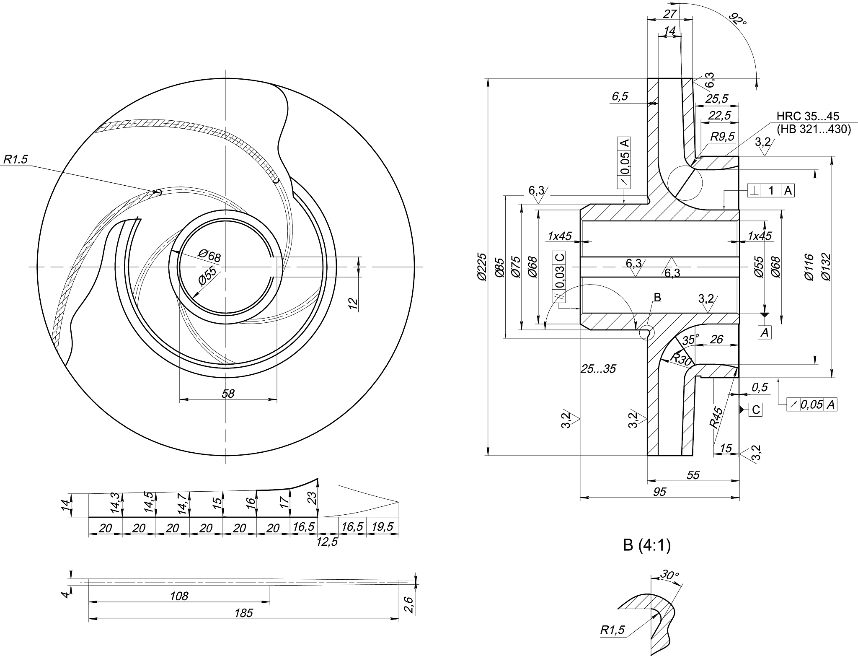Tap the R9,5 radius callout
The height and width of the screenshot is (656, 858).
(723, 137)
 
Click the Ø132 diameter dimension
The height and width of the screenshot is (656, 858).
(826, 267)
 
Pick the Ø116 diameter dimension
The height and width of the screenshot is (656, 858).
(809, 267)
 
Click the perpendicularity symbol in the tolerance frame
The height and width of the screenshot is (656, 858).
(755, 191)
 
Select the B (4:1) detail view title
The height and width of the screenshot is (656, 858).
(647, 546)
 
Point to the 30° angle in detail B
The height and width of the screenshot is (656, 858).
(669, 575)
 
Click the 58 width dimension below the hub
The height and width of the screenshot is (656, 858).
(228, 393)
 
